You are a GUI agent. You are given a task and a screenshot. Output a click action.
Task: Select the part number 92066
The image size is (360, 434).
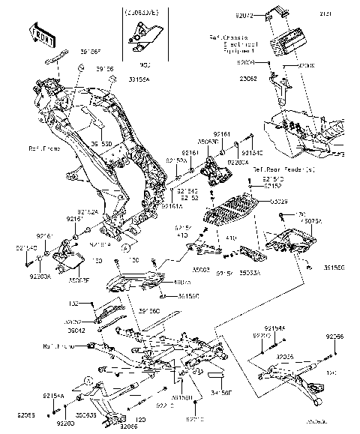[334, 337]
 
